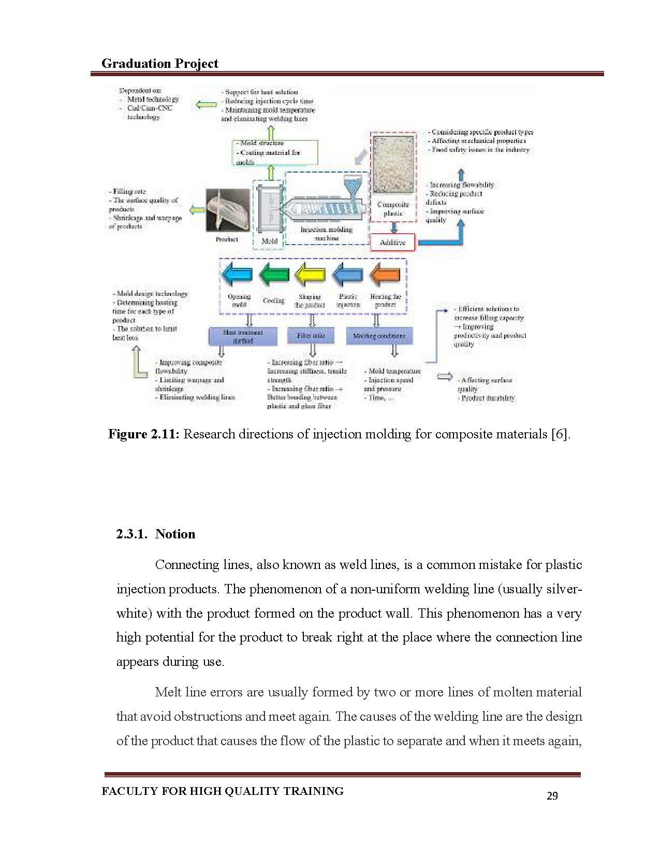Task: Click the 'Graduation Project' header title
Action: click(159, 63)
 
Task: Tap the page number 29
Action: click(552, 796)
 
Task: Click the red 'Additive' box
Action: click(393, 243)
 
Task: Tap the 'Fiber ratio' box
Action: click(311, 336)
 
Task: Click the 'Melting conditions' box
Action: click(379, 336)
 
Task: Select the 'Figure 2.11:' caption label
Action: click(143, 434)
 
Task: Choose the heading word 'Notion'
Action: click(175, 534)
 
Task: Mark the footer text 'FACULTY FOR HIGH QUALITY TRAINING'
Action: click(223, 791)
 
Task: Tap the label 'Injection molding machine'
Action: click(326, 234)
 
